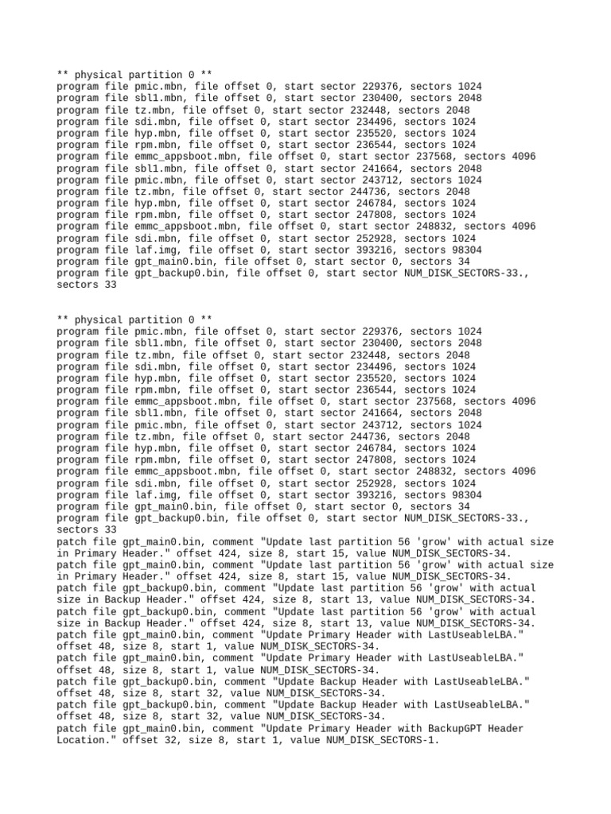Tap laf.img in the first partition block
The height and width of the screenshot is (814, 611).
[x=158, y=250]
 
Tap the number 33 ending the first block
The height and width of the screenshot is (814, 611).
[x=109, y=285]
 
